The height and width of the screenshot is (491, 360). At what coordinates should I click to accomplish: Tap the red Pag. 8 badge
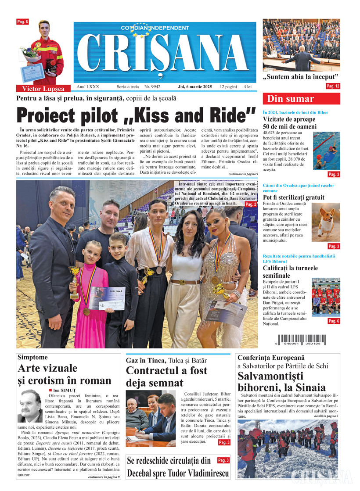tap(22, 22)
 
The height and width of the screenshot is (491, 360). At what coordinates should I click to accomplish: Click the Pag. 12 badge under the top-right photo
tap(333, 86)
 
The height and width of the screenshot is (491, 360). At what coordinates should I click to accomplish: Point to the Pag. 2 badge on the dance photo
tap(251, 204)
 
